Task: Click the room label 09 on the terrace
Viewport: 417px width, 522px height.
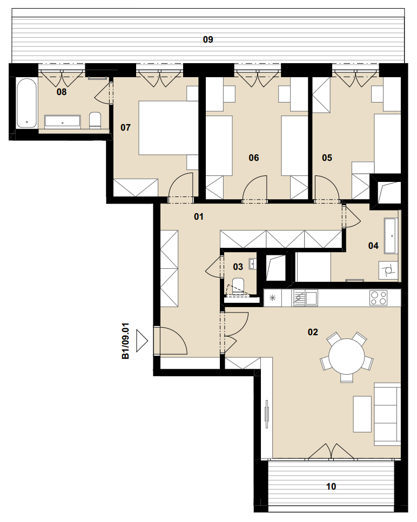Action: pos(208,39)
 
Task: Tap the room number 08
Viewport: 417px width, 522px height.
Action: pos(62,92)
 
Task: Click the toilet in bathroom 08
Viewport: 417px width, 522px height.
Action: pos(95,120)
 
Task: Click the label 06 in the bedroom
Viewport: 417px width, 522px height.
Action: pos(254,158)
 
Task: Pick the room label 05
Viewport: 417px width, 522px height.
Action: pos(327,158)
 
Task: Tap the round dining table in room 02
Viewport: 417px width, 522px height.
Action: pos(347,356)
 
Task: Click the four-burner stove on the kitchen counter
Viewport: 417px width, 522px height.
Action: pos(378,298)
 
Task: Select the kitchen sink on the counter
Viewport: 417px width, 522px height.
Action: pos(305,297)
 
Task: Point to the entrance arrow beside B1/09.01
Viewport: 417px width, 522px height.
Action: pos(142,342)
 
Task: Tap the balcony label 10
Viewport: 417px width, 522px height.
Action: pos(331,486)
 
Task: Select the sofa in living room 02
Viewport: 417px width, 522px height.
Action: pos(387,414)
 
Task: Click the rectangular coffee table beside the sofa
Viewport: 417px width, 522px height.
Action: pos(362,414)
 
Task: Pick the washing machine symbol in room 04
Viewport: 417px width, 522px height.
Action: pos(388,270)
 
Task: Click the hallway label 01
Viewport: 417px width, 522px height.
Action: pos(199,216)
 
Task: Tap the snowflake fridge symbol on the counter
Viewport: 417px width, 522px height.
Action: pos(272,298)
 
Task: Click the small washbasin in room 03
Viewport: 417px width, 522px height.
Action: pos(252,263)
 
